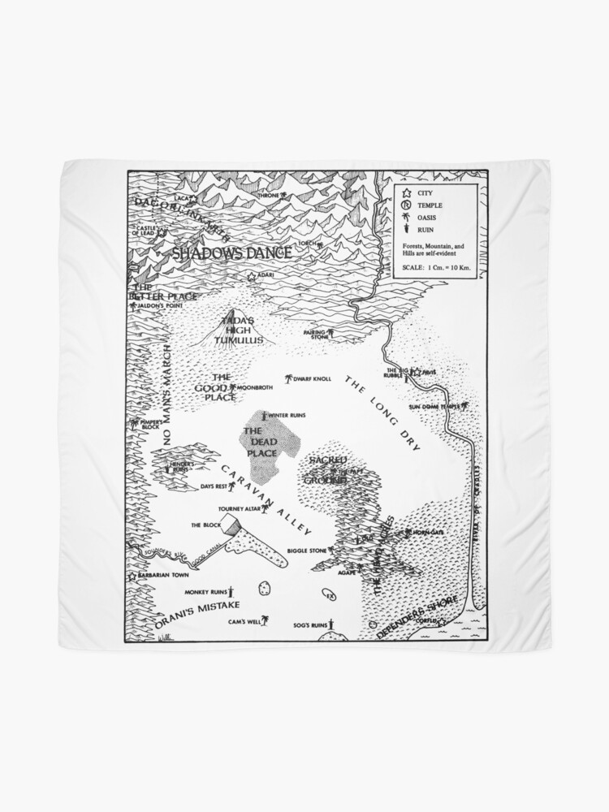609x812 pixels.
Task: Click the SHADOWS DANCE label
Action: [x=232, y=253]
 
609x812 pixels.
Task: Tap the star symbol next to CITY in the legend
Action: [x=404, y=193]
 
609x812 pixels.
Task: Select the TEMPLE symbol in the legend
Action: [x=404, y=205]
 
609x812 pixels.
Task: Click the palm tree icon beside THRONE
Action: [x=283, y=196]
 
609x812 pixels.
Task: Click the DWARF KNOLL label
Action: [x=313, y=378]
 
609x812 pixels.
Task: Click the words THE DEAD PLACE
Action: [x=261, y=442]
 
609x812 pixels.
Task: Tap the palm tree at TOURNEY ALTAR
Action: [x=265, y=508]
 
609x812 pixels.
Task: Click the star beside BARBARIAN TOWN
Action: [x=132, y=576]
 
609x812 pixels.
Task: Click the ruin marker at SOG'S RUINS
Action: [x=330, y=625]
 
